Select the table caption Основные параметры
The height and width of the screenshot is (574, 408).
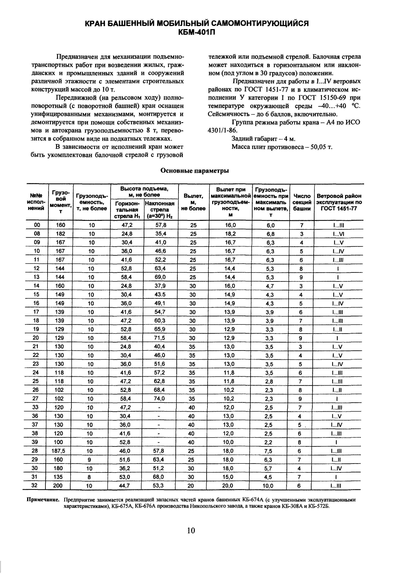click(195, 171)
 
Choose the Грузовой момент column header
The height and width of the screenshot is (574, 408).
click(60, 202)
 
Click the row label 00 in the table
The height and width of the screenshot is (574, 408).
click(37, 225)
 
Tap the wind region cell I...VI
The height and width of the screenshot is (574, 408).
click(338, 234)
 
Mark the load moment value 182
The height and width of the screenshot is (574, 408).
click(60, 234)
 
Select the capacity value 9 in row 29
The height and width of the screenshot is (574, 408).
click(89, 460)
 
